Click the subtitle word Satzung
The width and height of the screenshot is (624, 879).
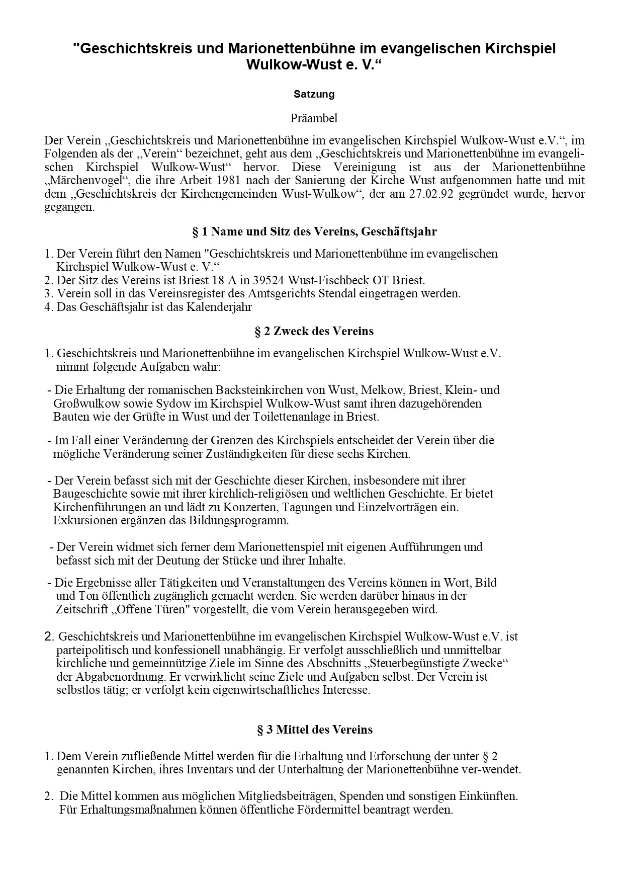[314, 94]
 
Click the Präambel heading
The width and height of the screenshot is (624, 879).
[314, 119]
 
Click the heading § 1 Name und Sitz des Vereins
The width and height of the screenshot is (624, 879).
[314, 232]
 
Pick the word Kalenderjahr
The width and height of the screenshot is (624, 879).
[220, 307]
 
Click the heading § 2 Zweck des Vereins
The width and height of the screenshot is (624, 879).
[314, 331]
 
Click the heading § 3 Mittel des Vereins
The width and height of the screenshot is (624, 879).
[314, 730]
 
